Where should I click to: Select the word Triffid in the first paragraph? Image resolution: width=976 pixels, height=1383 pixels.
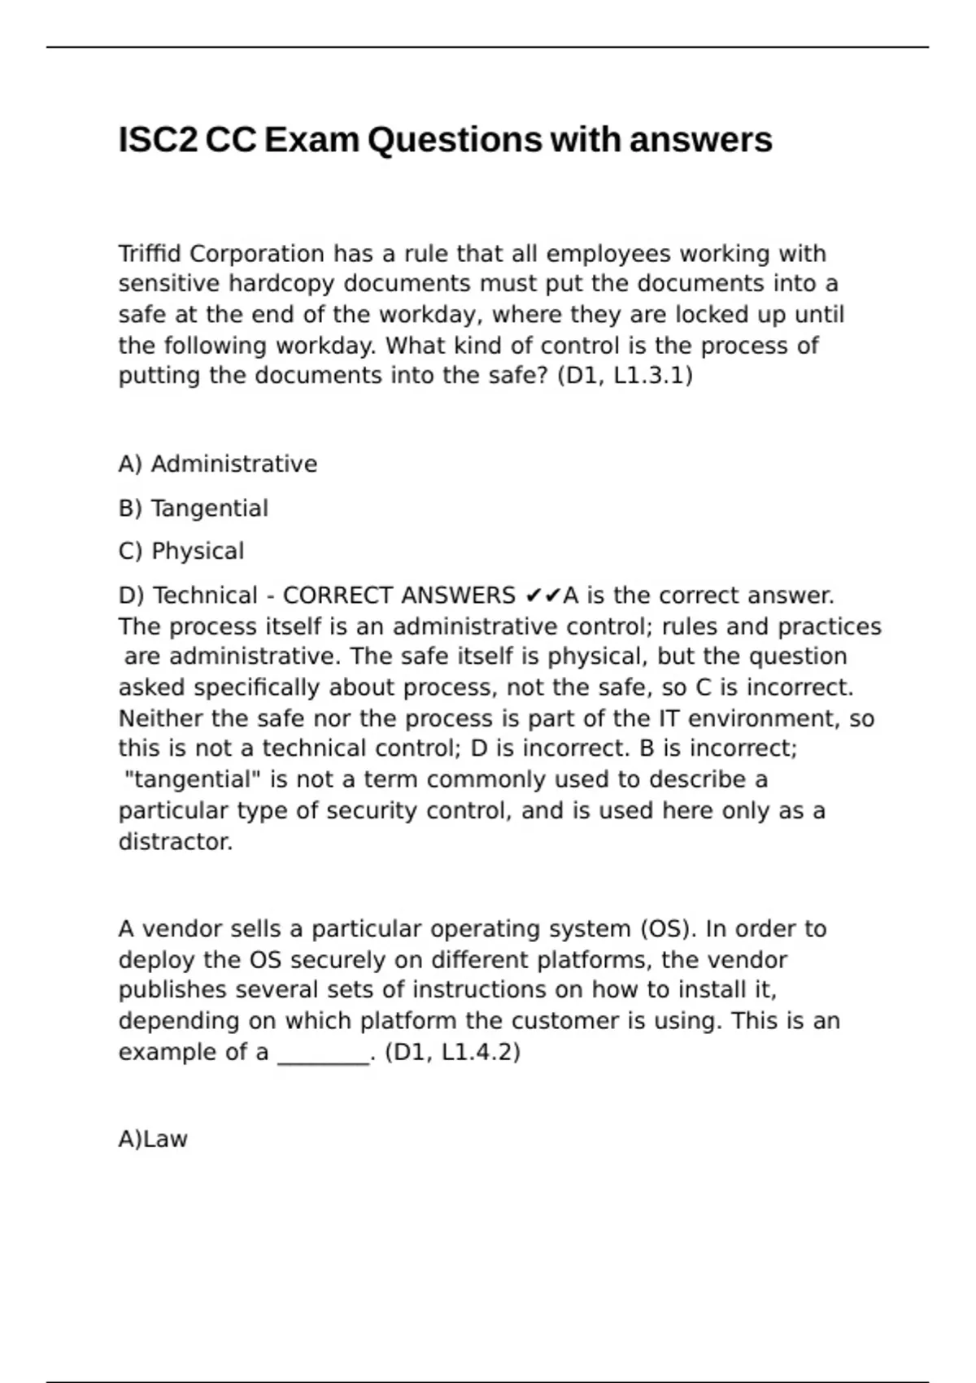(150, 254)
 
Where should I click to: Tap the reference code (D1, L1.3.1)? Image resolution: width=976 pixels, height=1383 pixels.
(625, 376)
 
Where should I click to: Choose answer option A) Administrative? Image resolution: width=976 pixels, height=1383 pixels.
(218, 464)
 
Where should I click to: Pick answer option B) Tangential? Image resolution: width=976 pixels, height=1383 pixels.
(194, 508)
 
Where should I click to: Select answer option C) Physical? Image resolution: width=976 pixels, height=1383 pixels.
(181, 552)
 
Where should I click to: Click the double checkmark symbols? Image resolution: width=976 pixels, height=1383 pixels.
(542, 596)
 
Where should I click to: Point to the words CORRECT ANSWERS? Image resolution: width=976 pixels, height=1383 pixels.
(399, 596)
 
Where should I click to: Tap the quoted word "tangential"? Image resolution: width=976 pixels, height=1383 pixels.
(194, 779)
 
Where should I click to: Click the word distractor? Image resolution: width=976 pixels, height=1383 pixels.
(176, 842)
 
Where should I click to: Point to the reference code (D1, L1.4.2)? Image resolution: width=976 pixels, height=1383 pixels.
(452, 1053)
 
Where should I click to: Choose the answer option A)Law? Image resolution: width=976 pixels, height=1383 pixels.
(153, 1139)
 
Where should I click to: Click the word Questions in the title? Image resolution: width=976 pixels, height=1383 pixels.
(454, 140)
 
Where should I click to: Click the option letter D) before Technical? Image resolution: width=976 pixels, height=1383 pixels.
(131, 596)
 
